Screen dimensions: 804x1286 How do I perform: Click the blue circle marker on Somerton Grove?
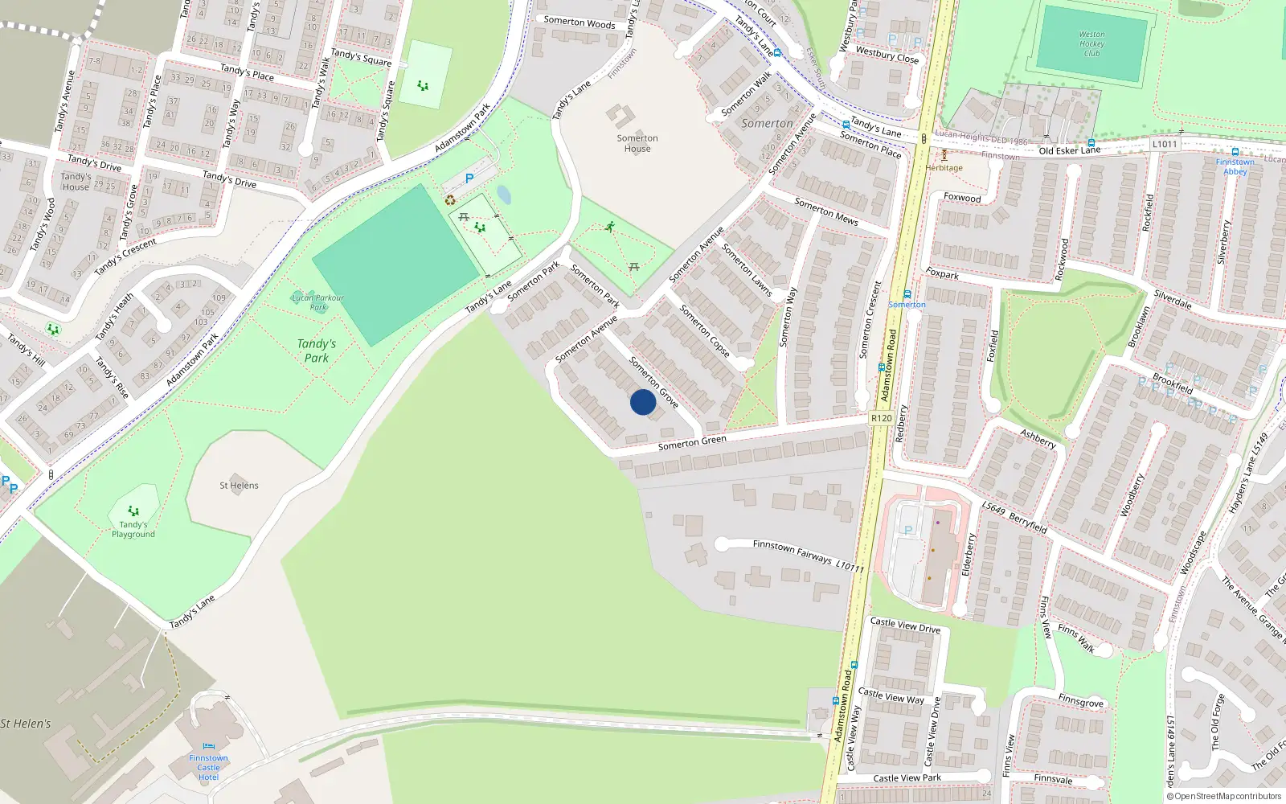click(x=642, y=402)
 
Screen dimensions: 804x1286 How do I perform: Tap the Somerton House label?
click(x=637, y=143)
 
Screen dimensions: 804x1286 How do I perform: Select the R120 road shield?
click(x=881, y=418)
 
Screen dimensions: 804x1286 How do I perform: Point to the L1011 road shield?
click(x=1164, y=144)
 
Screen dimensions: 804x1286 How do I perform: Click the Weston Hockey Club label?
click(x=1091, y=44)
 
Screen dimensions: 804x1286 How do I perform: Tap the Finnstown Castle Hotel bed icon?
click(x=209, y=746)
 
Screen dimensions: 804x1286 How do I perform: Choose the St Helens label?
click(x=239, y=486)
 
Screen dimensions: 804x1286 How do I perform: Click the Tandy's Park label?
click(x=317, y=351)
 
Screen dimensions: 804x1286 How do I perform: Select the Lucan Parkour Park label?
click(x=317, y=301)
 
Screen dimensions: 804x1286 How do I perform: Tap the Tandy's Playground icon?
click(x=133, y=511)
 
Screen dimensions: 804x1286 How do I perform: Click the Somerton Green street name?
click(x=692, y=442)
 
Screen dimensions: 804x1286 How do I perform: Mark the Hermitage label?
click(x=944, y=168)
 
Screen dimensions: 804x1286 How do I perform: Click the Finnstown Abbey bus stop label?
click(x=1235, y=166)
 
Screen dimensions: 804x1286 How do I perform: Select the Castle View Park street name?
click(x=907, y=778)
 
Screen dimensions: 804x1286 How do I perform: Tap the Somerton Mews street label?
click(x=826, y=211)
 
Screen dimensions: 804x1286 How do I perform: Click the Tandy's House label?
click(x=76, y=182)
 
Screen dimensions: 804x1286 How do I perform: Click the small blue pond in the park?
click(x=504, y=195)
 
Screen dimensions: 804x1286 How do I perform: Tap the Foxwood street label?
click(x=962, y=198)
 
